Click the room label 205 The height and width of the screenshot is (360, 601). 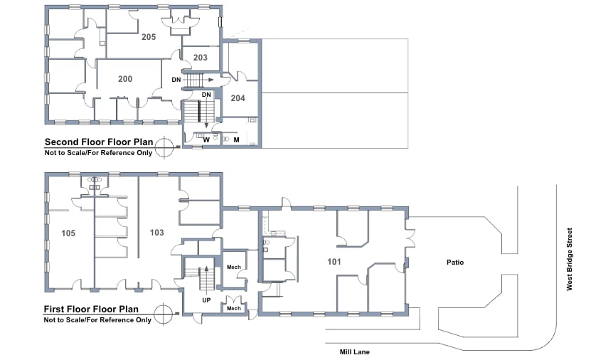[x=148, y=36]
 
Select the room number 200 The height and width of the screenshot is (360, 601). [x=125, y=79]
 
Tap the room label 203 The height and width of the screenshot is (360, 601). [x=200, y=58]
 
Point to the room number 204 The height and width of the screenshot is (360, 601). [x=238, y=98]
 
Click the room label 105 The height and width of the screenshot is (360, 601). [x=68, y=233]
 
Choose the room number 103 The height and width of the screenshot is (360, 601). [x=156, y=233]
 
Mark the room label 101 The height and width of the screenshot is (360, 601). [x=334, y=262]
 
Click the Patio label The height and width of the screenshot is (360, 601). [x=455, y=263]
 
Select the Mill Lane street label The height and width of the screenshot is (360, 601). [x=354, y=351]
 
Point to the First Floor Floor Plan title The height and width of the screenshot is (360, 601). [x=97, y=309]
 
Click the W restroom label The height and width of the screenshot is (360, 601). [x=206, y=140]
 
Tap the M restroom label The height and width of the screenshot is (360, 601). [x=236, y=140]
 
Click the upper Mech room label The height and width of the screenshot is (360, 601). [x=233, y=268]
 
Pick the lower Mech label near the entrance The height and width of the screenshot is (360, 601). [x=233, y=308]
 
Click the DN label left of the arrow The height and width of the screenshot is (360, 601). [x=176, y=80]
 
